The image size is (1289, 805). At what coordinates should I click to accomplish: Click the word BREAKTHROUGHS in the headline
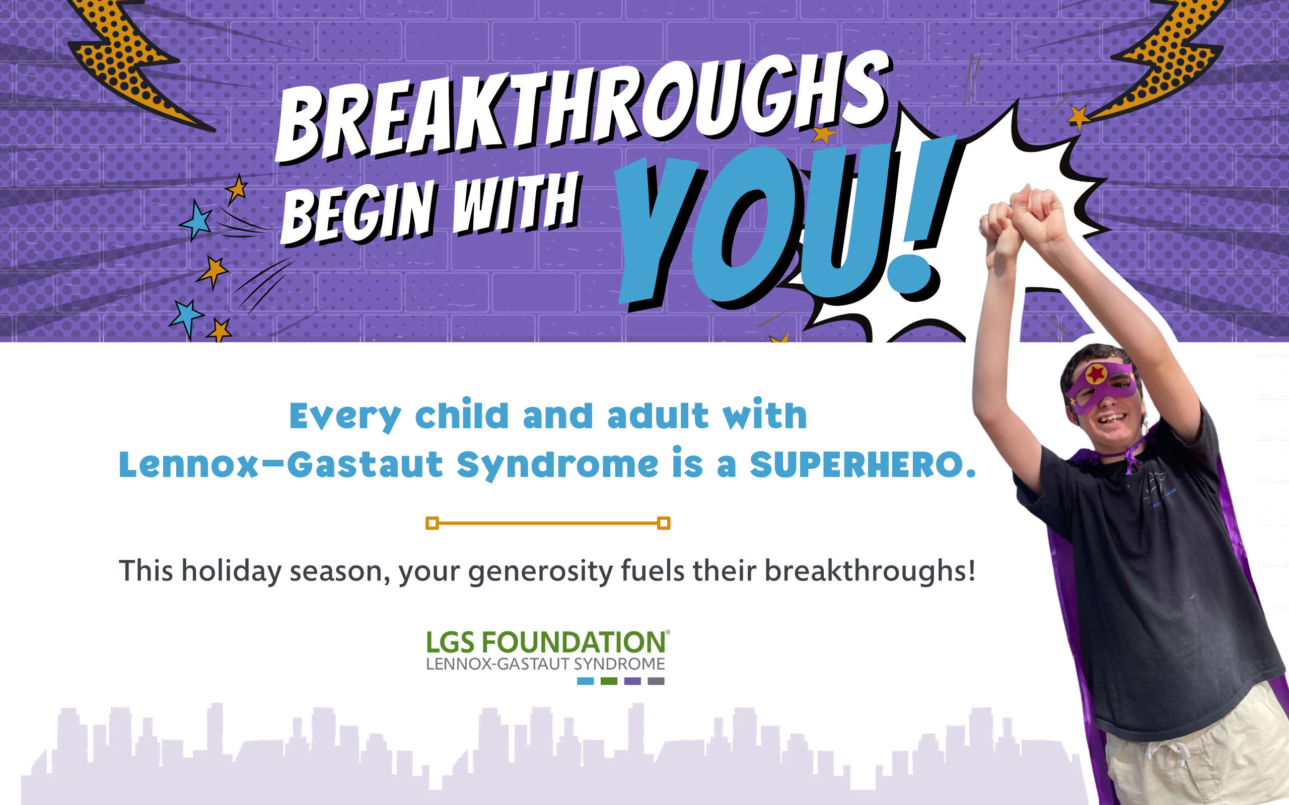point(583,107)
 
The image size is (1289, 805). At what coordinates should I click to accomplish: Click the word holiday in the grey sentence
point(232,571)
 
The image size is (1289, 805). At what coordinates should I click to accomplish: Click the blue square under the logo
point(586,681)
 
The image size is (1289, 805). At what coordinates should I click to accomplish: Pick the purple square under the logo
point(632,681)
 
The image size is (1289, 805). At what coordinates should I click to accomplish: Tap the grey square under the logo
point(656,681)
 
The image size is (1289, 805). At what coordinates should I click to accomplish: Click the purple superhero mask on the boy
point(1099,386)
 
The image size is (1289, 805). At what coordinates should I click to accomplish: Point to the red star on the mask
point(1096,374)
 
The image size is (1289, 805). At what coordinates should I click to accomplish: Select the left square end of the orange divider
point(432,523)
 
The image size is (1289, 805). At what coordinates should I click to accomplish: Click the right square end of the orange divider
point(664,523)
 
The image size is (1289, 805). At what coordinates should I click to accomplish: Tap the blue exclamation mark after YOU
point(924,213)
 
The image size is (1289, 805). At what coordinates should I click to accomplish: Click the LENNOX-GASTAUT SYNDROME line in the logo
point(545,664)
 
